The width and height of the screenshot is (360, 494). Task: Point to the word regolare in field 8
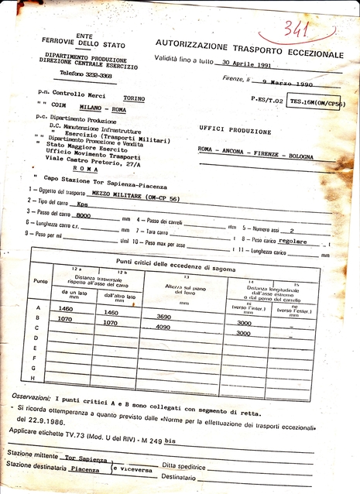click(292, 242)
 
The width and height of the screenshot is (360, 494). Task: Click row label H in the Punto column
click(36, 378)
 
